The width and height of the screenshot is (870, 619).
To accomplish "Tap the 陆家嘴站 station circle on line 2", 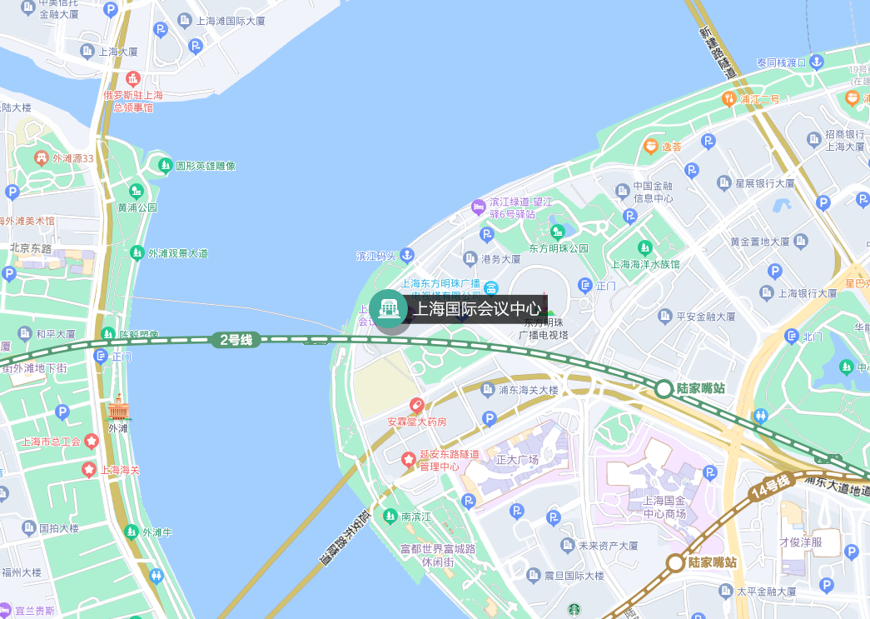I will pyautogui.click(x=664, y=389).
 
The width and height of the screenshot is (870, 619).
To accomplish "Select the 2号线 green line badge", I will pyautogui.click(x=236, y=339).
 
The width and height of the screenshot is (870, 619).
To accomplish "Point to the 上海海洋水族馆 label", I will pyautogui.click(x=645, y=264).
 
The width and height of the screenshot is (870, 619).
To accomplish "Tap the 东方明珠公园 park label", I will pyautogui.click(x=559, y=248).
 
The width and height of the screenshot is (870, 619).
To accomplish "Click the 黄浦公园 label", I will pyautogui.click(x=137, y=207).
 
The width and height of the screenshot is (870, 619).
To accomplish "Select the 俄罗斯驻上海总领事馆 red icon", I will pyautogui.click(x=133, y=79).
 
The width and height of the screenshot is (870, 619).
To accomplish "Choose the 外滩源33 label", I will pyautogui.click(x=73, y=157).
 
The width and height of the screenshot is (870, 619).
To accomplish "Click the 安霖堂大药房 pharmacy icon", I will pyautogui.click(x=417, y=406).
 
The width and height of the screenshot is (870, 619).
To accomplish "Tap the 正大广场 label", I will pyautogui.click(x=518, y=459).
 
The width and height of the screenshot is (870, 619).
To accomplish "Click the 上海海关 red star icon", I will pyautogui.click(x=89, y=470).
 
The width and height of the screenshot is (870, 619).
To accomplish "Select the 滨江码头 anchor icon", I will pyautogui.click(x=407, y=255).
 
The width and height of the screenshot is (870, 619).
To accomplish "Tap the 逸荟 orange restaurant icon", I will pyautogui.click(x=650, y=147).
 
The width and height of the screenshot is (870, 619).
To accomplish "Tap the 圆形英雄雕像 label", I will pyautogui.click(x=205, y=166).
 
